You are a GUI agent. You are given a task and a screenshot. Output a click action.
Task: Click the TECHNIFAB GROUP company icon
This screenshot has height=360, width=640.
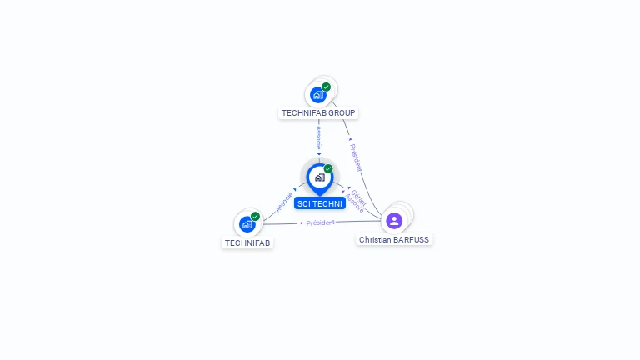click(x=317, y=95)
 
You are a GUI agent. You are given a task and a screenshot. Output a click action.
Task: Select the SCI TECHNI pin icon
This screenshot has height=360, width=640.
click(x=319, y=177)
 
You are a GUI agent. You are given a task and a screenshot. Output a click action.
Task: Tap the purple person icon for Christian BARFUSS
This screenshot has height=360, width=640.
click(x=394, y=221)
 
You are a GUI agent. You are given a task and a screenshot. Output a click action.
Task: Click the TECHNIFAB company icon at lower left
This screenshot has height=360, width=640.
click(x=247, y=224)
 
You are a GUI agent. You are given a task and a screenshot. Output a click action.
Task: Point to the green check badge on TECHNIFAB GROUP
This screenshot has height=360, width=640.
click(x=326, y=87)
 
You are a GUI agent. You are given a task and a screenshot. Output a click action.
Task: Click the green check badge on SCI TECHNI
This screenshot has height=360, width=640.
click(x=328, y=169)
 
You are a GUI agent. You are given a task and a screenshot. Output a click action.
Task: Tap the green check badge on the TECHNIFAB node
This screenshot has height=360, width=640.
click(x=255, y=217)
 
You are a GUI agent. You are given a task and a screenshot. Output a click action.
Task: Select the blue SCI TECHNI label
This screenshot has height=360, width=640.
click(x=319, y=203)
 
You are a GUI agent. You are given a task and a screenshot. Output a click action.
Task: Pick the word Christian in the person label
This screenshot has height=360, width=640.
click(x=375, y=239)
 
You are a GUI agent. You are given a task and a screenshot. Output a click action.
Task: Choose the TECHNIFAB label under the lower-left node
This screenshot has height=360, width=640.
click(x=247, y=243)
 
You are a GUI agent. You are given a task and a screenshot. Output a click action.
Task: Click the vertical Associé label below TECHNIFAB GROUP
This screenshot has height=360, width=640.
click(x=318, y=137)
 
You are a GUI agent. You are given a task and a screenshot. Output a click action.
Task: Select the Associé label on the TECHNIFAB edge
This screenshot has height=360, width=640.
click(x=284, y=202)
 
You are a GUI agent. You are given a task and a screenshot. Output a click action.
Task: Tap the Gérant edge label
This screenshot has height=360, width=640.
click(x=358, y=196)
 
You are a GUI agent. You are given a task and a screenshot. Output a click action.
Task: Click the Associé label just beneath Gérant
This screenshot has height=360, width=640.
click(x=354, y=203)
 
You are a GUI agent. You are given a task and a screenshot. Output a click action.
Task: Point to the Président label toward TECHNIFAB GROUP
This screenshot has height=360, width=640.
click(x=357, y=157)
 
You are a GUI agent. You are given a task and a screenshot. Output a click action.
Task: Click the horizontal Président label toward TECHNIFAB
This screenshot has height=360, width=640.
click(x=321, y=222)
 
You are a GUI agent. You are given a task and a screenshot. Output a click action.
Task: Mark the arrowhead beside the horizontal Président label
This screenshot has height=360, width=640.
click(x=302, y=222)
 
